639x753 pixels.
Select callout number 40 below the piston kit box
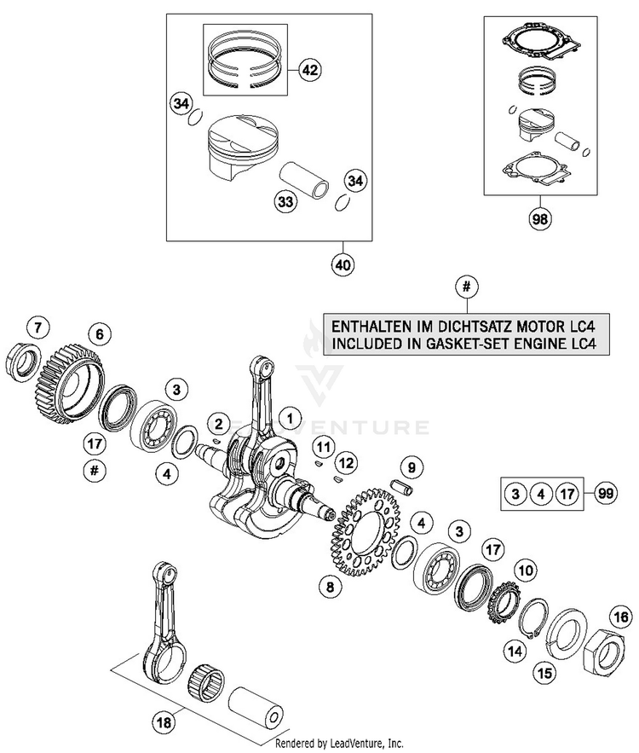click(343, 265)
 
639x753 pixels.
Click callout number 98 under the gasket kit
click(538, 220)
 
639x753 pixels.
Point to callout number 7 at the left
click(37, 325)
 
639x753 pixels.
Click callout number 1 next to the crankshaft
click(291, 418)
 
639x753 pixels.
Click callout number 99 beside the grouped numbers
click(606, 493)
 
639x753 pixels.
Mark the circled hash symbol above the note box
click(464, 287)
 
